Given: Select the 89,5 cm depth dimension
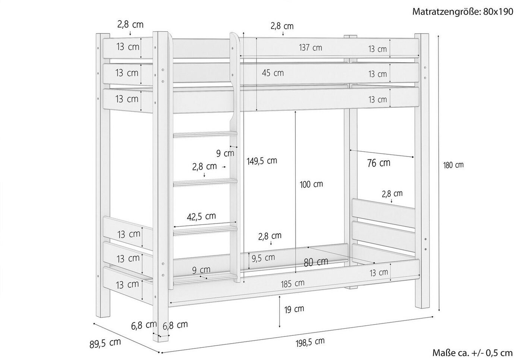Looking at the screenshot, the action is point(105,343).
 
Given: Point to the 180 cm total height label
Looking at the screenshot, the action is point(453,165).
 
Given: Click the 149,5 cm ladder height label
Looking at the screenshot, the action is point(262,161).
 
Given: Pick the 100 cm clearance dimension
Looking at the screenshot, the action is point(311,184).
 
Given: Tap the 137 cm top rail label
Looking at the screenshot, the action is point(311,48).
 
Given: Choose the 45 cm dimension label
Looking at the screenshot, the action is point(273,73).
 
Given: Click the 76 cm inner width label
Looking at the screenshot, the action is point(379,163).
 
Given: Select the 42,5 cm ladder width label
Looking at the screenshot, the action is point(201,217).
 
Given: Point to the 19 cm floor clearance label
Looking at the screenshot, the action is point(294,309).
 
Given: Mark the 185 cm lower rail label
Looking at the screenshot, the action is point(293,284).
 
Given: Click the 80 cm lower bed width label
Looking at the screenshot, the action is point(316,262).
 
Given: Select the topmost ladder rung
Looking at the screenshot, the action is point(205,134).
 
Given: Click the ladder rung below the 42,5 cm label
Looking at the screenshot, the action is point(205,231).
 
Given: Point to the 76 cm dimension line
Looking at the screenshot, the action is point(382,154).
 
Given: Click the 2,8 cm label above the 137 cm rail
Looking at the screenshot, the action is point(282,26).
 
